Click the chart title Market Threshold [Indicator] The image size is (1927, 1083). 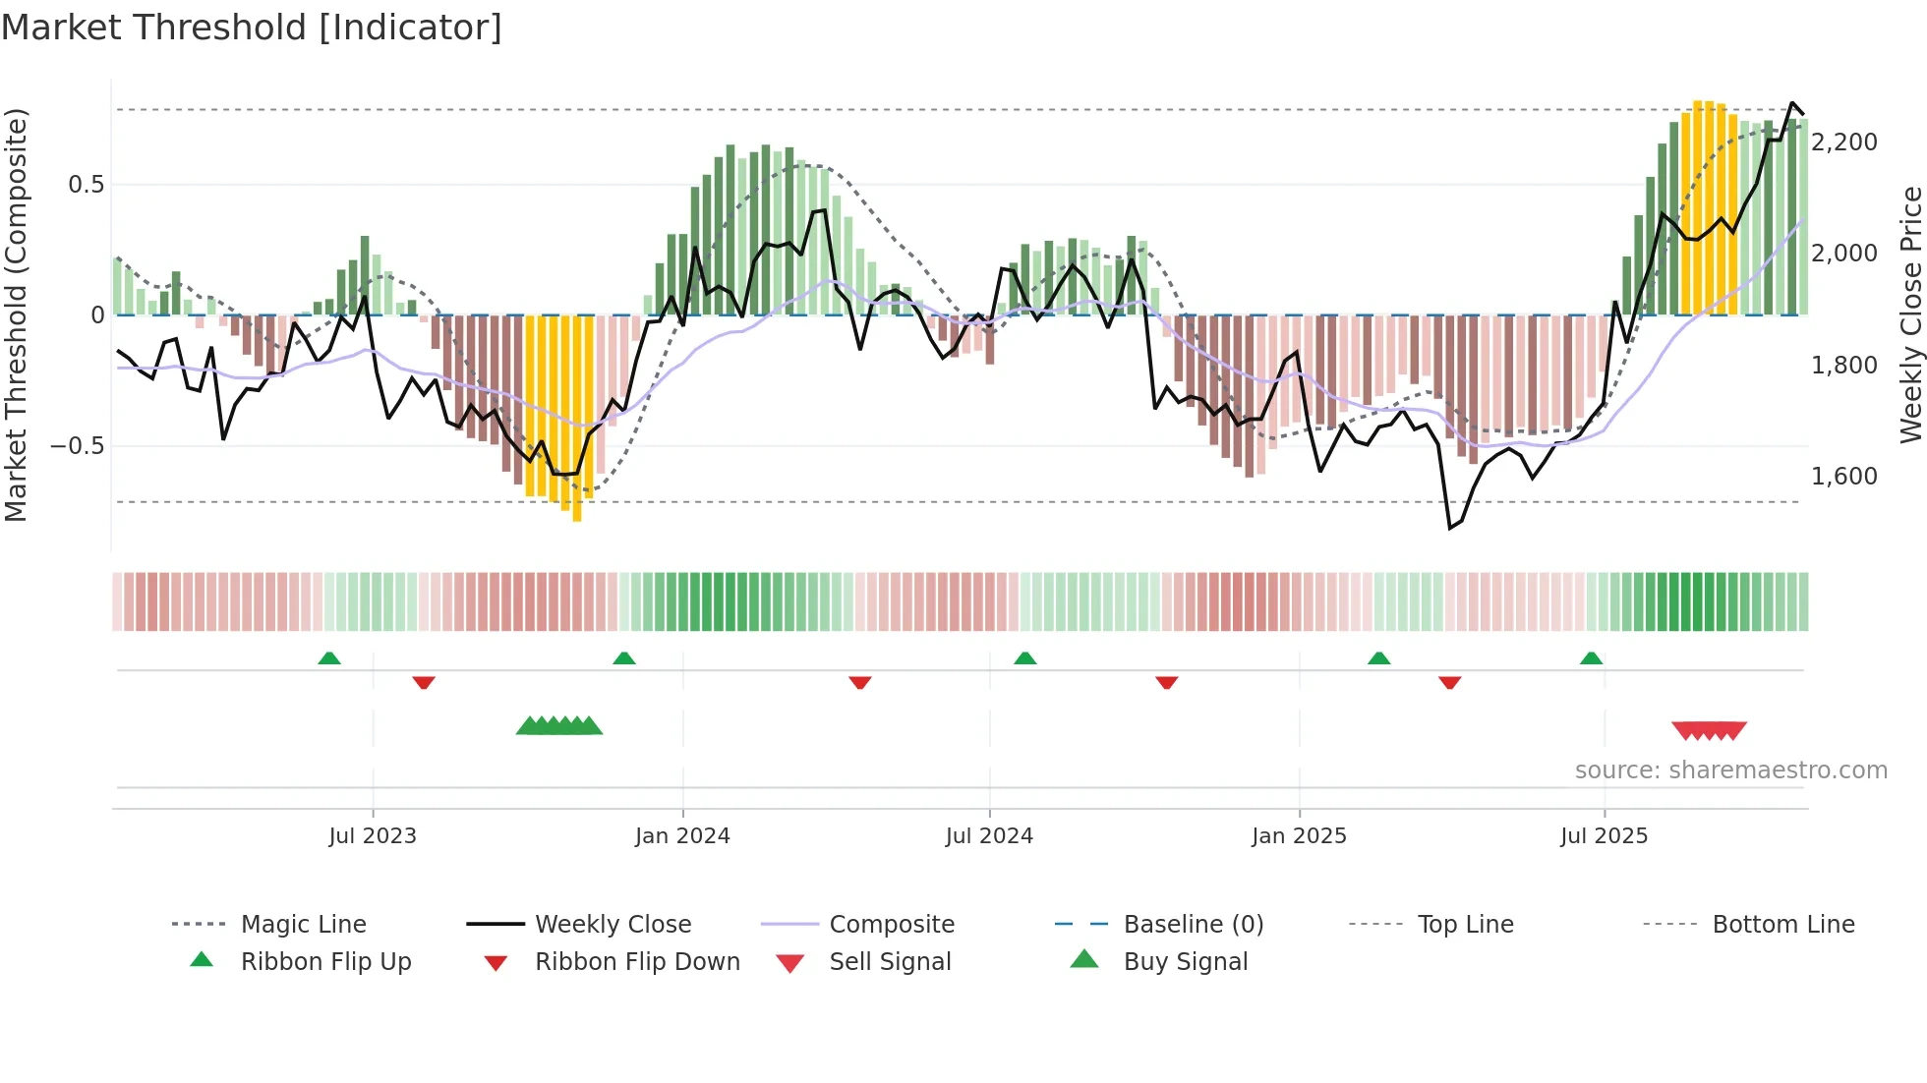point(252,28)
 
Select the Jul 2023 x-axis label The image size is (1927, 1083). point(373,836)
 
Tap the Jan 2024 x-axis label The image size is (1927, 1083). point(682,836)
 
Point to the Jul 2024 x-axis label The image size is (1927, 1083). point(989,836)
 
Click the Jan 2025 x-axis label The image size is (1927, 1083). point(1299,836)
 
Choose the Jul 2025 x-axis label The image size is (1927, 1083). point(1604,836)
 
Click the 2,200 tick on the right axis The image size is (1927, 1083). point(1844,142)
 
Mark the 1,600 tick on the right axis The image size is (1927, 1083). point(1844,477)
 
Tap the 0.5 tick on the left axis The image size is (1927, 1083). point(86,185)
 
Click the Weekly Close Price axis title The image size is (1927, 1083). point(1910,314)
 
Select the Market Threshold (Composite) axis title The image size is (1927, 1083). point(16,314)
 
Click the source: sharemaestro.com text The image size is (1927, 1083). point(1730,770)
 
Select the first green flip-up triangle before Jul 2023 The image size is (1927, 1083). point(329,658)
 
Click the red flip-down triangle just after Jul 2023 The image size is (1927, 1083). point(424,682)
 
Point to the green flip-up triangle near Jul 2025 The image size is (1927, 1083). point(1591,658)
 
